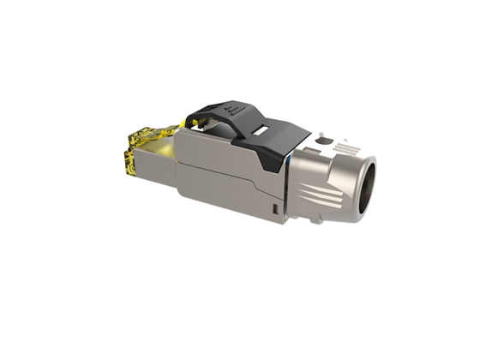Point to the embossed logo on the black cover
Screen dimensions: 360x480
pos(234,111)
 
